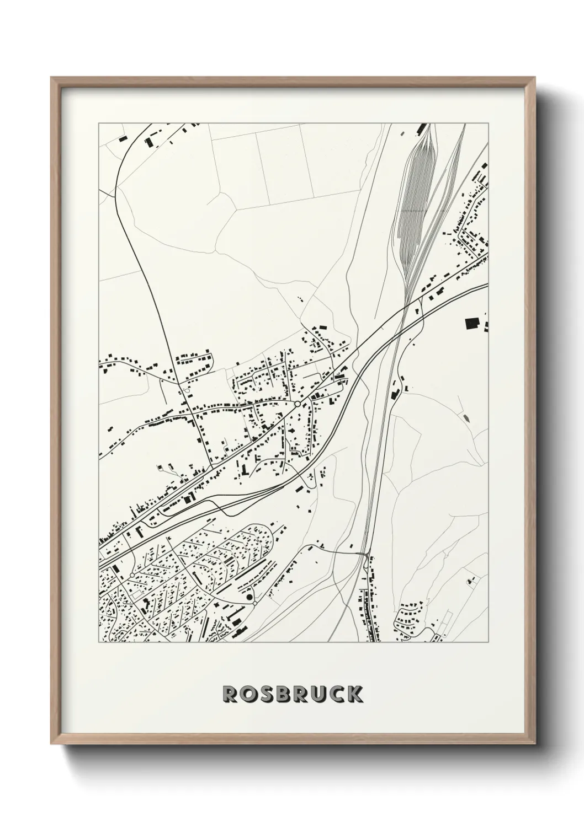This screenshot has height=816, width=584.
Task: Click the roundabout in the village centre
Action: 298,404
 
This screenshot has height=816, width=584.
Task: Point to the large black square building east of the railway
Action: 472,323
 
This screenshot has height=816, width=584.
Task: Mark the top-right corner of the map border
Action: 489,123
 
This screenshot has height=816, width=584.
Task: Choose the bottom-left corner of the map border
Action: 99,642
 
